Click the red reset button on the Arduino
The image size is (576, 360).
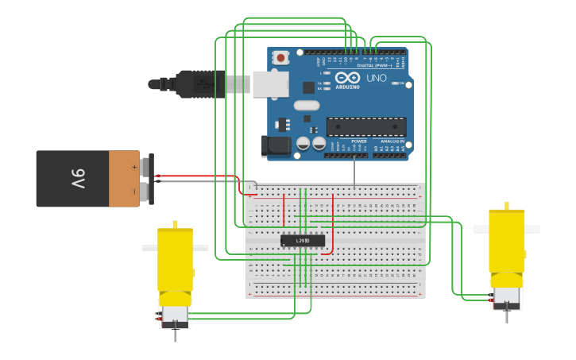click(x=280, y=57)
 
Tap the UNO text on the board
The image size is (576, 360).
click(x=376, y=78)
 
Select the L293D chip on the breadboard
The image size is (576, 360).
click(x=303, y=240)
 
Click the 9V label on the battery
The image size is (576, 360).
click(x=79, y=179)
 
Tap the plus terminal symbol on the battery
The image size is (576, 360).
click(x=133, y=167)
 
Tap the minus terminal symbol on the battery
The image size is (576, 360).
click(x=133, y=191)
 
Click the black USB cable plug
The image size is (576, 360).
click(x=199, y=83)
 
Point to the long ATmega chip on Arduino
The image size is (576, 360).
click(x=366, y=126)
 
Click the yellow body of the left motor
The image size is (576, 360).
click(x=175, y=258)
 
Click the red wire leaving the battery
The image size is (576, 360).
click(x=199, y=176)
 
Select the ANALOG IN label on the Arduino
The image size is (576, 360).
click(x=391, y=141)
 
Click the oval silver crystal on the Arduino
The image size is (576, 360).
click(x=306, y=105)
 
